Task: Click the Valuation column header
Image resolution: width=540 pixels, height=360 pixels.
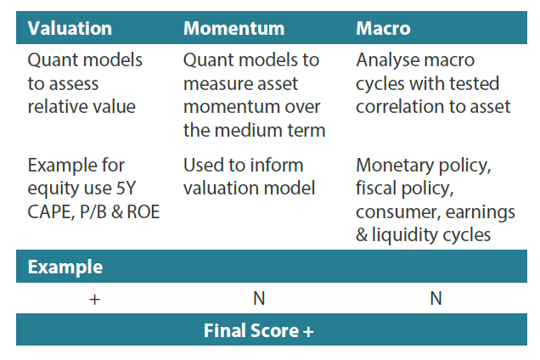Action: click(x=70, y=28)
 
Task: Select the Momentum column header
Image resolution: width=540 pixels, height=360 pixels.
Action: click(x=233, y=28)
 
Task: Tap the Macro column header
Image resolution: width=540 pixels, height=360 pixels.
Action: click(x=383, y=28)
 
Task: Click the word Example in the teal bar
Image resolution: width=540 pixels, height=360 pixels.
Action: click(x=65, y=267)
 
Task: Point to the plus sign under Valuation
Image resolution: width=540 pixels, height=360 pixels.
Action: click(x=95, y=300)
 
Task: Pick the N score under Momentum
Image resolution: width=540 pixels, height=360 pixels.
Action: click(x=259, y=298)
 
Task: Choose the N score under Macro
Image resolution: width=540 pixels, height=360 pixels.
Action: click(x=436, y=298)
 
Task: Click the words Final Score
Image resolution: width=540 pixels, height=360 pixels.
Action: click(x=251, y=331)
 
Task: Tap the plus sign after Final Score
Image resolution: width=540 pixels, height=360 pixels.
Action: click(x=308, y=332)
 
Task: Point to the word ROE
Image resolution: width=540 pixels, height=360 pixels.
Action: click(x=143, y=212)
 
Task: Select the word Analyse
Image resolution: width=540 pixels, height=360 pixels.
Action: click(x=387, y=60)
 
